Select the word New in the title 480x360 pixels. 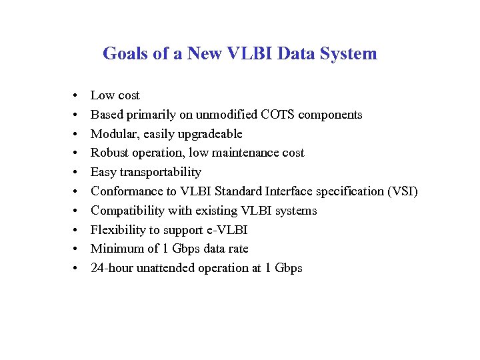pos(205,54)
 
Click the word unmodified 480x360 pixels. pos(225,115)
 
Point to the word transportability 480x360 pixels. pos(161,172)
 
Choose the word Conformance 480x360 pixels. pos(123,191)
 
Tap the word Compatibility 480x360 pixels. pos(125,211)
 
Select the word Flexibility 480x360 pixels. pos(117,230)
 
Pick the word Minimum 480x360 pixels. pos(115,249)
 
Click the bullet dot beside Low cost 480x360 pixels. pos(77,95)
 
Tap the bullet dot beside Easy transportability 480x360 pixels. pos(77,172)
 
